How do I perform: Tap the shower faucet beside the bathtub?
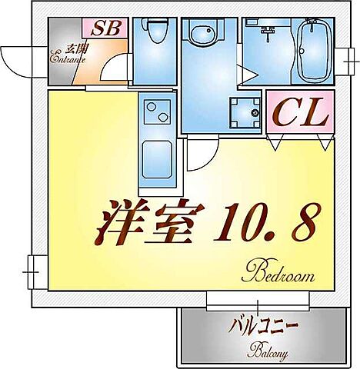tap(268, 33)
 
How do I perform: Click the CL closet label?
tap(301, 115)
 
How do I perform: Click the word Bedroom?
tap(279, 271)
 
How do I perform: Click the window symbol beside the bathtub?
tap(343, 55)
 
